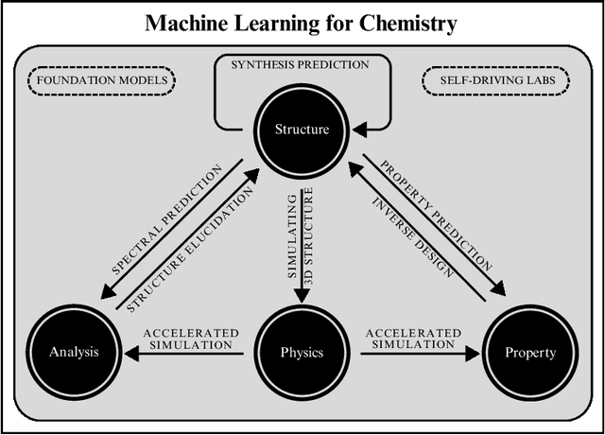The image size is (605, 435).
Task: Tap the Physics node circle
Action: pos(302,353)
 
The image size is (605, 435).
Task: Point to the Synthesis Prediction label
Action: pos(302,64)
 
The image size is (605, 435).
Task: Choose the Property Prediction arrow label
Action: pos(436,217)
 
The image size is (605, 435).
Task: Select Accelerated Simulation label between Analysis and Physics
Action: pos(190,339)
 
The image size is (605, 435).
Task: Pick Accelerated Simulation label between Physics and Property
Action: pos(413,339)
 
